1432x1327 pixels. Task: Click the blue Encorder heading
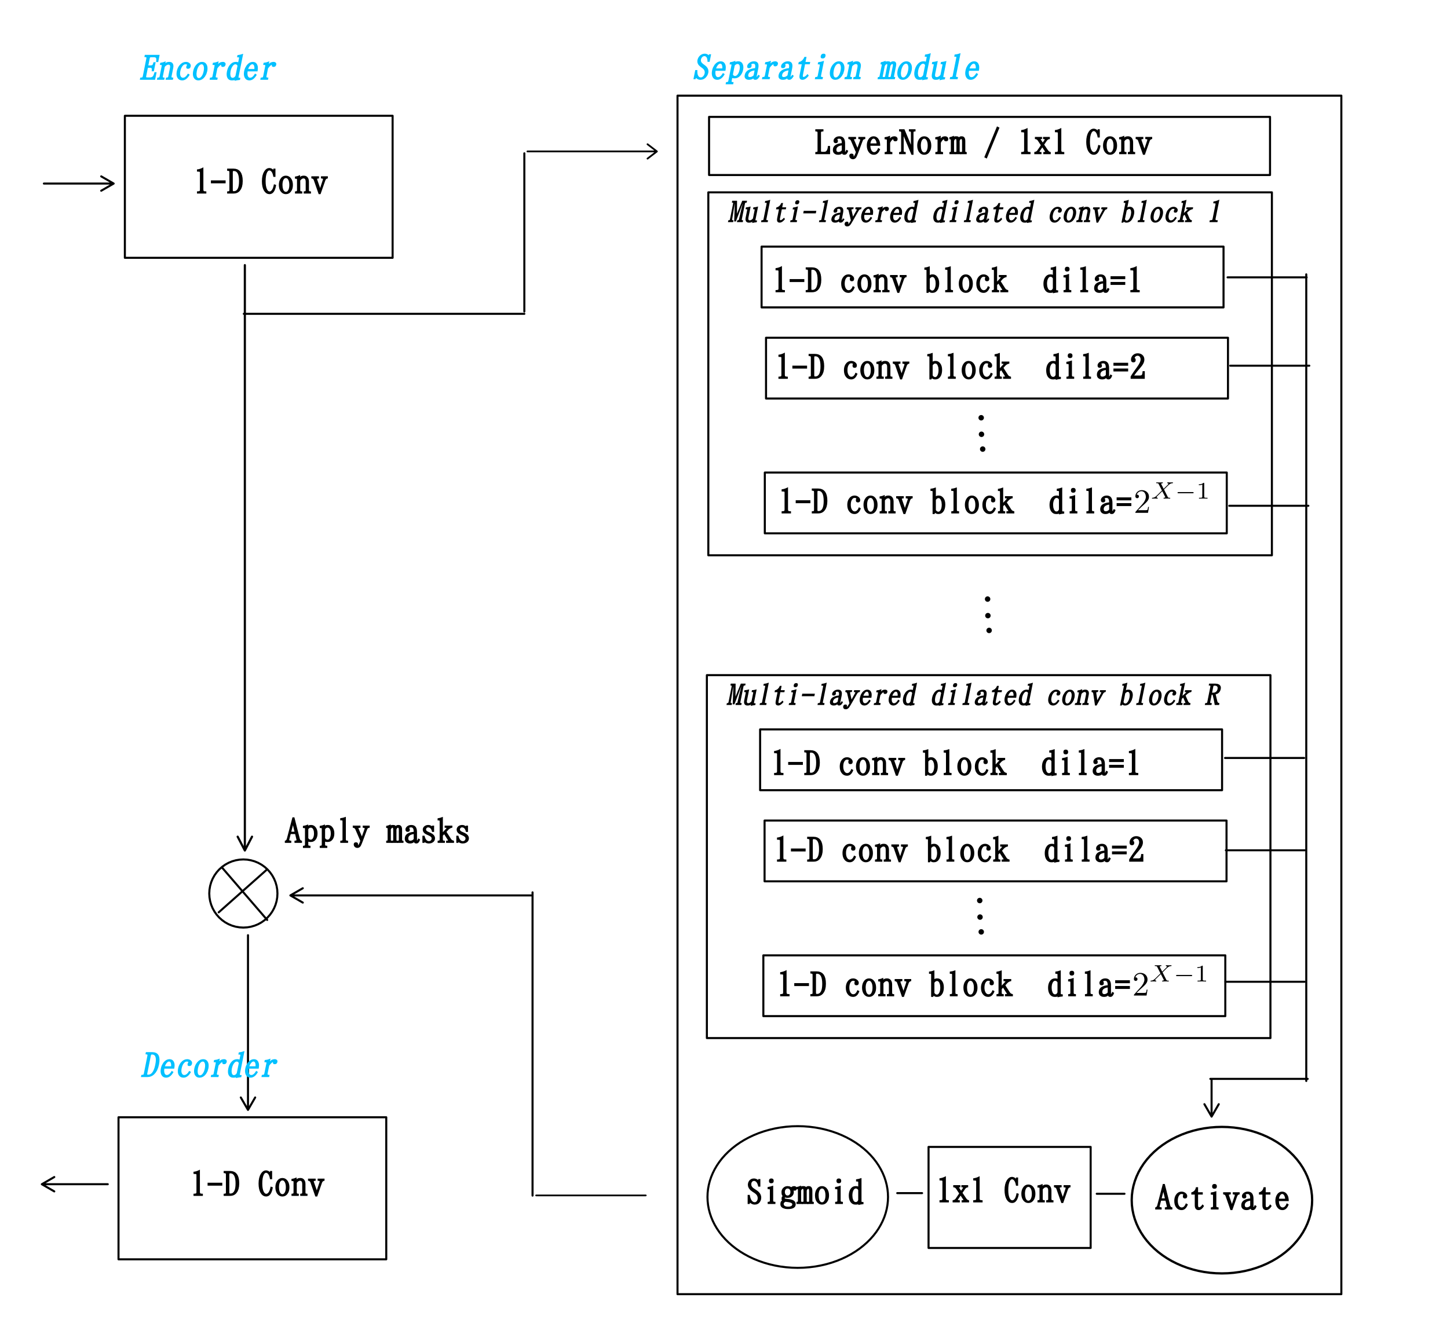point(207,69)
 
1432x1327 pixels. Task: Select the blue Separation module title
point(836,68)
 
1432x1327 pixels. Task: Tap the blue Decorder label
point(209,1066)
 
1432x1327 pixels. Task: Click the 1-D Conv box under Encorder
point(259,186)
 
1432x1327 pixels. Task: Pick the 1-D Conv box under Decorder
point(252,1187)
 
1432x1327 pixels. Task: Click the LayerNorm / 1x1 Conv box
point(989,146)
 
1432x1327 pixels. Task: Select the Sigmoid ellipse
point(798,1196)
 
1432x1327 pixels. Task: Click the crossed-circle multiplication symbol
point(243,893)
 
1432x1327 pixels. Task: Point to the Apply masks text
point(377,831)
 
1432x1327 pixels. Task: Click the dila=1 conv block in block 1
point(992,277)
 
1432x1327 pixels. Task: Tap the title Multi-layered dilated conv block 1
point(974,212)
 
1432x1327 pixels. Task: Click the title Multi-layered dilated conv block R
point(973,695)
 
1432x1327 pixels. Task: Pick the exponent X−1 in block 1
point(1181,491)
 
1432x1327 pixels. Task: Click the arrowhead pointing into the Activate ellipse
point(1211,1109)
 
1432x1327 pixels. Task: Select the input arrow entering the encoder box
point(79,184)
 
